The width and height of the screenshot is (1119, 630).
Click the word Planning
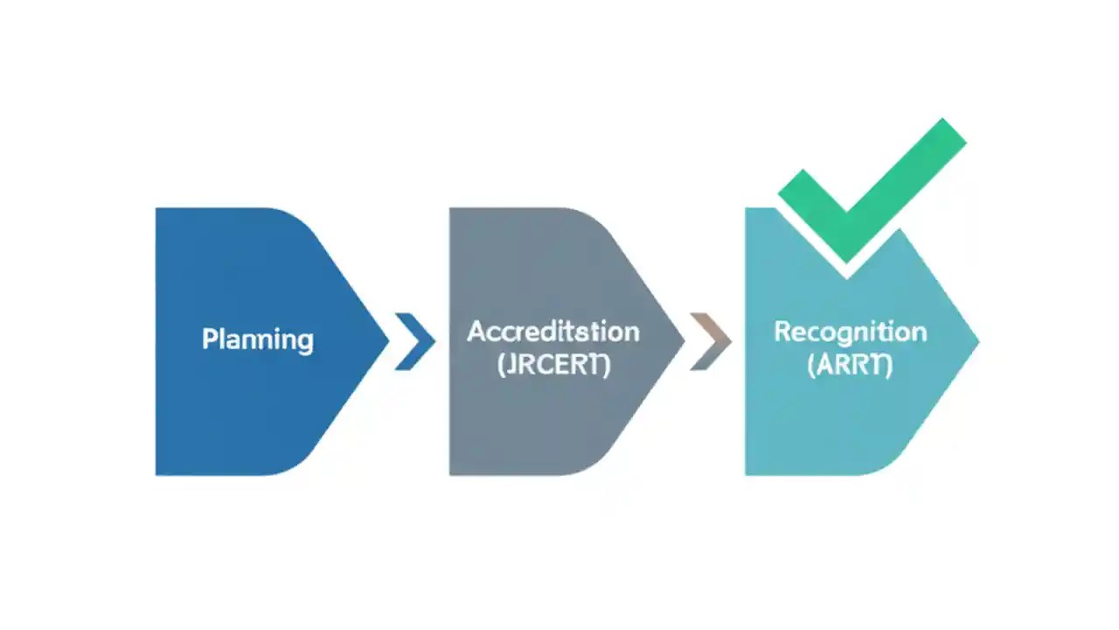257,339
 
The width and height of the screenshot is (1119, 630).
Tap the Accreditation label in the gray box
553,332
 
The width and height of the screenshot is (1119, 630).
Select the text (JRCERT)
553,365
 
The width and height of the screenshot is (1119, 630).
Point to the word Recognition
850,332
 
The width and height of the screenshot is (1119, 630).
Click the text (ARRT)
850,365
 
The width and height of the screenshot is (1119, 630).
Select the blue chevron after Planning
415,340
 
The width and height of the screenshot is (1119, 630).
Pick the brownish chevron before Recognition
711,340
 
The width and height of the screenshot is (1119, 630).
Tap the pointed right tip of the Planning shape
386,340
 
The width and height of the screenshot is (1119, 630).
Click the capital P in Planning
209,339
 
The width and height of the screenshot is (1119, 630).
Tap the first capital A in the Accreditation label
476,332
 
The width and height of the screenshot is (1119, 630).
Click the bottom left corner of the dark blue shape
158,472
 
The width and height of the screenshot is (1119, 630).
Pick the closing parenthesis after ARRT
889,365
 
